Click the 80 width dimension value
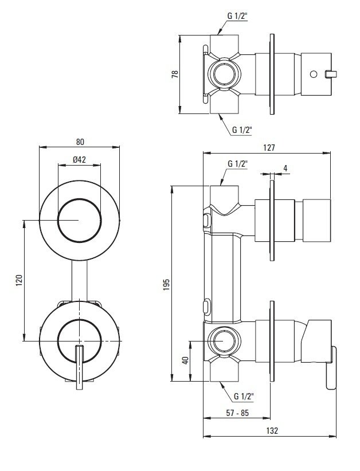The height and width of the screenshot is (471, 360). coord(80,142)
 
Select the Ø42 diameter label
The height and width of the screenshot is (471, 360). coord(80,160)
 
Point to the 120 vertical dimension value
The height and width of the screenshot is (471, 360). coord(18,281)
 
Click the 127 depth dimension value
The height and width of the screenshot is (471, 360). coord(269,148)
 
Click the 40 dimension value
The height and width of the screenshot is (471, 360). coord(185,361)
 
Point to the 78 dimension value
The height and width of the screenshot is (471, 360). coord(175,74)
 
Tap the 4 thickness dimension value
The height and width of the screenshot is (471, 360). coord(285,168)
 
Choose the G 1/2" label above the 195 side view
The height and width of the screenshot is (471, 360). coord(237,164)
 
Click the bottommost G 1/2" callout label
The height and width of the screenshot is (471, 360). coord(244,395)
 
